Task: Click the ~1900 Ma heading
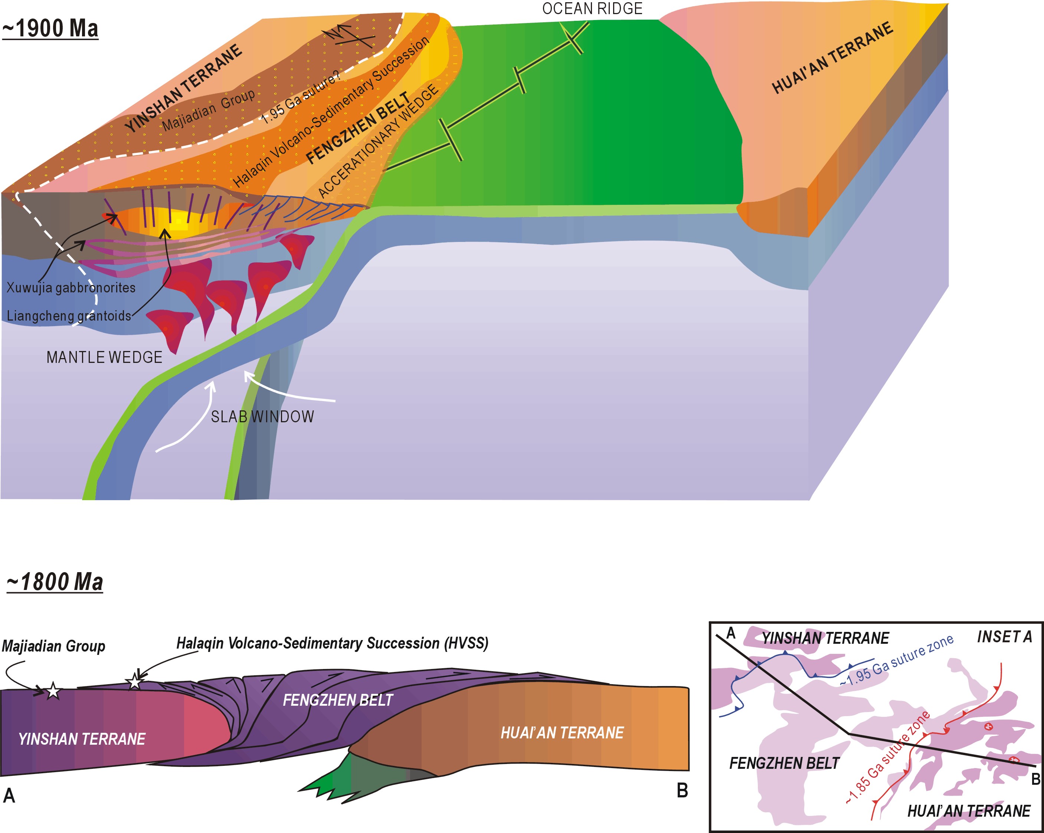pyautogui.click(x=50, y=29)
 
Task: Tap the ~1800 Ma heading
pyautogui.click(x=55, y=582)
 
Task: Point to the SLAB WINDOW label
pyautogui.click(x=262, y=417)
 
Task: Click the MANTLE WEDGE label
pyautogui.click(x=104, y=357)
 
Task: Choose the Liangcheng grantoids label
pyautogui.click(x=69, y=316)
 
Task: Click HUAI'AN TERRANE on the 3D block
pyautogui.click(x=832, y=58)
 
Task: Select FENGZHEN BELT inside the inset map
pyautogui.click(x=784, y=763)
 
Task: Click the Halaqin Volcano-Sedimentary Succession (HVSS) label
pyautogui.click(x=332, y=643)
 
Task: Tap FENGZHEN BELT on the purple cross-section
pyautogui.click(x=337, y=700)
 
